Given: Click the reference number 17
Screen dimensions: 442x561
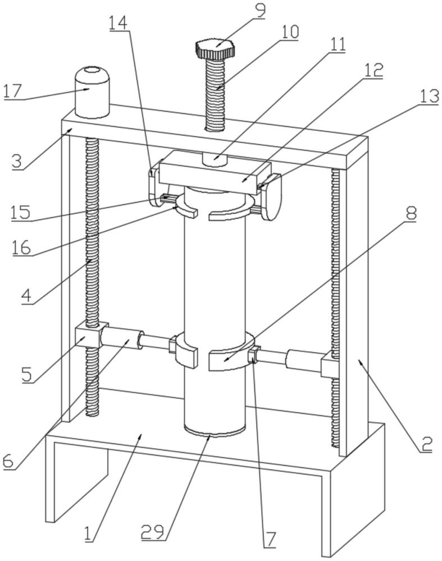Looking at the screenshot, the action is pyautogui.click(x=13, y=91).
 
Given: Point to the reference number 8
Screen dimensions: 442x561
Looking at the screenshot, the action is pyautogui.click(x=410, y=214).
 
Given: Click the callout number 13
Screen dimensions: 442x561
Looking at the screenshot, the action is pyautogui.click(x=429, y=96).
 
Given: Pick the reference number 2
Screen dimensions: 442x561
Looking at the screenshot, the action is pyautogui.click(x=426, y=443).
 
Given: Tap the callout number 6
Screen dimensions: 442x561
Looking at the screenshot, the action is pyautogui.click(x=8, y=461).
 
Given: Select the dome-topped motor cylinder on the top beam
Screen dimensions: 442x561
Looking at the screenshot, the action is pyautogui.click(x=92, y=92).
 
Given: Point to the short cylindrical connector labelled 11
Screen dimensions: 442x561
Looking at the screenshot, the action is pyautogui.click(x=215, y=159).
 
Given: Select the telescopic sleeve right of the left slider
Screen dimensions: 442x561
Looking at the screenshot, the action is pyautogui.click(x=121, y=338).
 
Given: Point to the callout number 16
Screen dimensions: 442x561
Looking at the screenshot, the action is pyautogui.click(x=21, y=247).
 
